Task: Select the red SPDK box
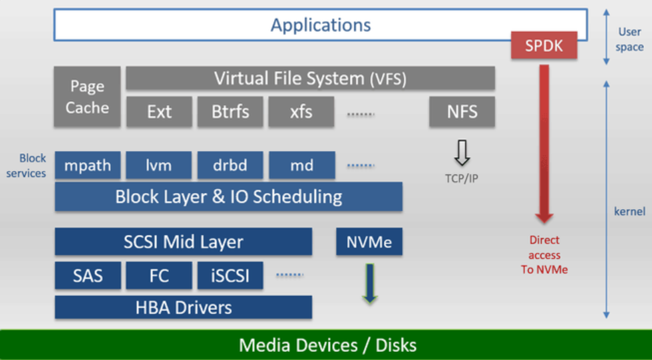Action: click(544, 45)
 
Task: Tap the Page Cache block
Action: click(87, 96)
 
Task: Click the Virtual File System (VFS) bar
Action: click(310, 79)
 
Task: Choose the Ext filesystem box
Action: click(159, 112)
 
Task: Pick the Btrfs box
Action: click(230, 112)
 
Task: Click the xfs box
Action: click(301, 112)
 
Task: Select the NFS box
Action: click(462, 112)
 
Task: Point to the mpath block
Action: click(88, 166)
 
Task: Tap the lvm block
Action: click(159, 166)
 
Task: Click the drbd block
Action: click(230, 166)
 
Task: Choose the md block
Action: click(301, 166)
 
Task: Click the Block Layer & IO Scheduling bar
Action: click(228, 197)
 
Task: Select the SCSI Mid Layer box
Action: click(183, 242)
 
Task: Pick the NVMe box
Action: click(369, 242)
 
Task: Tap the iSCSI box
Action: click(230, 275)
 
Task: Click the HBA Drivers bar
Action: click(183, 307)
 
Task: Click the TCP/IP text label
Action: click(462, 179)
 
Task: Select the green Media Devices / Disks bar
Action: click(326, 345)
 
